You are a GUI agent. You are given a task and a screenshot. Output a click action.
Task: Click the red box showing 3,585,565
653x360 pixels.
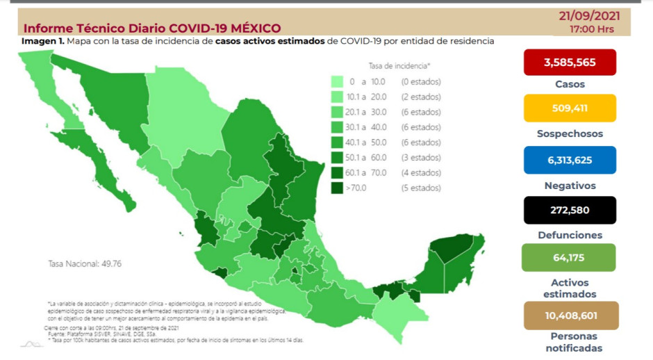[x=570, y=63]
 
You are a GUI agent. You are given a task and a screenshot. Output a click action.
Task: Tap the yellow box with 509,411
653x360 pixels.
[x=570, y=108]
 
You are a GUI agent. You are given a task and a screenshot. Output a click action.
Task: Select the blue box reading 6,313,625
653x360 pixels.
[x=570, y=160]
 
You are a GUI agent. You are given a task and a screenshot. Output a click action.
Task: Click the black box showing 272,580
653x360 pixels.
[x=570, y=210]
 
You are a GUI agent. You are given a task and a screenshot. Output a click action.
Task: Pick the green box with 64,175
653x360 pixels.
[x=570, y=258]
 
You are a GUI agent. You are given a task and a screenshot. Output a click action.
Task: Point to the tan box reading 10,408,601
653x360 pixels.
[x=570, y=316]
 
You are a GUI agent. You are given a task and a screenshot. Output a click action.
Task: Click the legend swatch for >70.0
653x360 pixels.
[x=338, y=188]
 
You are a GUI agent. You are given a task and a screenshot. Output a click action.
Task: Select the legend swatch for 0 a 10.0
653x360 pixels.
[x=338, y=82]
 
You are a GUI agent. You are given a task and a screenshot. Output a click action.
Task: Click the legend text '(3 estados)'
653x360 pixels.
[x=421, y=157]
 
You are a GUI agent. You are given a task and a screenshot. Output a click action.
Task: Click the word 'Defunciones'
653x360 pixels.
[x=570, y=236]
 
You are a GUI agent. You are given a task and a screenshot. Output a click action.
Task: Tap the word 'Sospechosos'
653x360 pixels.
[x=570, y=133]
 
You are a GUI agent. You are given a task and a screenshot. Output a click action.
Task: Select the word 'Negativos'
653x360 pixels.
[x=570, y=186]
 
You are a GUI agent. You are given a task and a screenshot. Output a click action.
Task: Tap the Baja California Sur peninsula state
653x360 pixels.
[x=110, y=174]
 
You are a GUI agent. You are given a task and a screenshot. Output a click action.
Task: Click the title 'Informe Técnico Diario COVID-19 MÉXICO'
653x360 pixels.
[x=152, y=28]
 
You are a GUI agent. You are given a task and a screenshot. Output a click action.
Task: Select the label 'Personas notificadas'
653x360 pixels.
[x=570, y=343]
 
